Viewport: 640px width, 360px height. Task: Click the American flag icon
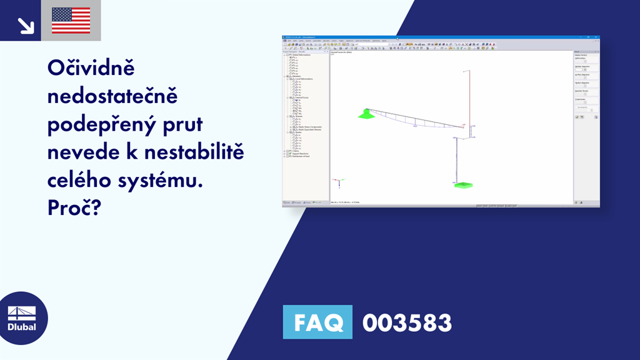tap(71, 21)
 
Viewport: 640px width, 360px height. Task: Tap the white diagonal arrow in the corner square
tap(26, 25)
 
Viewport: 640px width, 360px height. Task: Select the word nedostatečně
tap(113, 97)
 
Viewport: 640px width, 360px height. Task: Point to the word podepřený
tap(102, 125)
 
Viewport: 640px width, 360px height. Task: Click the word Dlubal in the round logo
tap(21, 327)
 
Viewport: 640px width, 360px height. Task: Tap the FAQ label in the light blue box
tap(317, 322)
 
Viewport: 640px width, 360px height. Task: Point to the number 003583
tap(407, 322)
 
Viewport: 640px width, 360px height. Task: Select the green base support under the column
tap(463, 185)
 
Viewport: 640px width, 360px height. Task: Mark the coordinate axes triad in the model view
tap(338, 182)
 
